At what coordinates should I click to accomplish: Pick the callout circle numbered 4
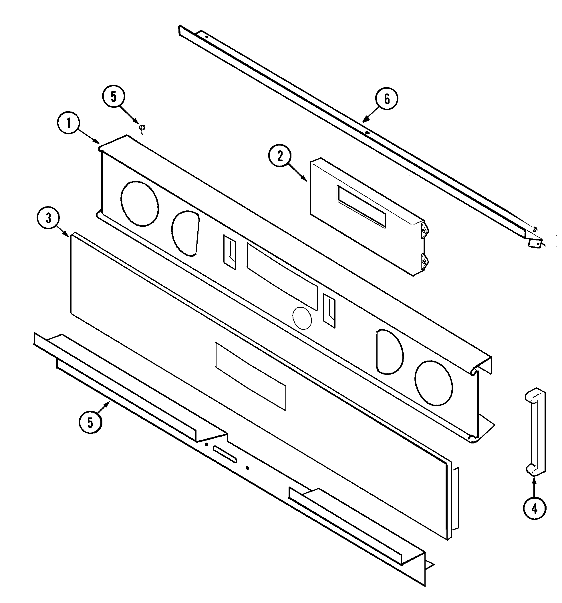(534, 508)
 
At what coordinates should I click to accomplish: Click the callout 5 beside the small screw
(114, 97)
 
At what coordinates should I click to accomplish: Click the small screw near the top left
(142, 129)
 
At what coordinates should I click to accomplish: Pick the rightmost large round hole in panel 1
(434, 383)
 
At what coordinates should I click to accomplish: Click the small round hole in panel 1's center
(302, 318)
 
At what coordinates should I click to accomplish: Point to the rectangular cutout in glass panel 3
(251, 376)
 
